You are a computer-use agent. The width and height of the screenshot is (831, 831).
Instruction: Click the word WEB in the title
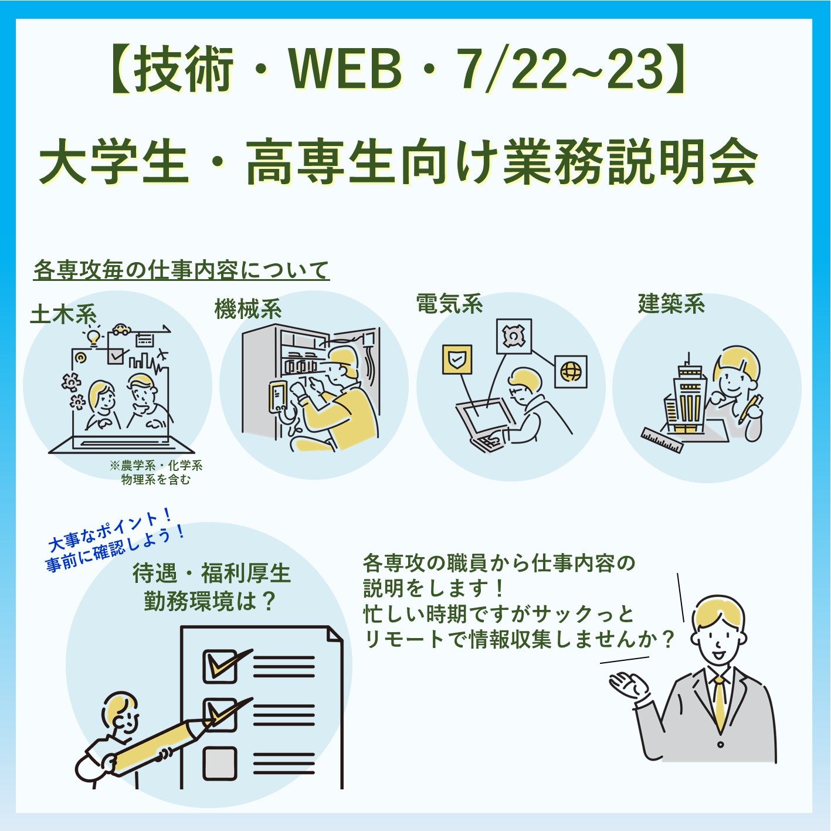tap(345, 70)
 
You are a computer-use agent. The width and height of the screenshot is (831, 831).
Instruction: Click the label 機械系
tap(248, 309)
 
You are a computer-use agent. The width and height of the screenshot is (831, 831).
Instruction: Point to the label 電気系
tap(449, 303)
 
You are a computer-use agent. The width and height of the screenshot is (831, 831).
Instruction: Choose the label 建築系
tap(671, 303)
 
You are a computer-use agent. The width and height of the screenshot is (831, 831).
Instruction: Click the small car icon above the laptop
tap(121, 329)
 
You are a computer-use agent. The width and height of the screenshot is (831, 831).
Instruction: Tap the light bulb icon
tap(93, 337)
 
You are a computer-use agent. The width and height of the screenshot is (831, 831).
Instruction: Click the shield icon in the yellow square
tap(457, 359)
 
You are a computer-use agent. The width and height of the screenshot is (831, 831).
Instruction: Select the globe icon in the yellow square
tap(571, 371)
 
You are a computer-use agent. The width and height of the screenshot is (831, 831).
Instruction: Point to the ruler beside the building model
tap(662, 440)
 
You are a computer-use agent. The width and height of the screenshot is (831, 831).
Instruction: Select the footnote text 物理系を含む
tap(155, 479)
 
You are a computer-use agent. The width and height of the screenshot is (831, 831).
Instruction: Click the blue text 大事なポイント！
tap(110, 530)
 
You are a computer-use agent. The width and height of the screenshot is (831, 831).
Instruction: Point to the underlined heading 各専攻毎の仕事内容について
tap(182, 270)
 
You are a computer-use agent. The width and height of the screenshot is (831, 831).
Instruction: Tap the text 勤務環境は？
tap(209, 601)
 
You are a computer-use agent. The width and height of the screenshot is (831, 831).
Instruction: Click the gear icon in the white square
tap(514, 336)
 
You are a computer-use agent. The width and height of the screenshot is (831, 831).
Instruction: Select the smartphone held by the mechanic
tap(278, 397)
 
